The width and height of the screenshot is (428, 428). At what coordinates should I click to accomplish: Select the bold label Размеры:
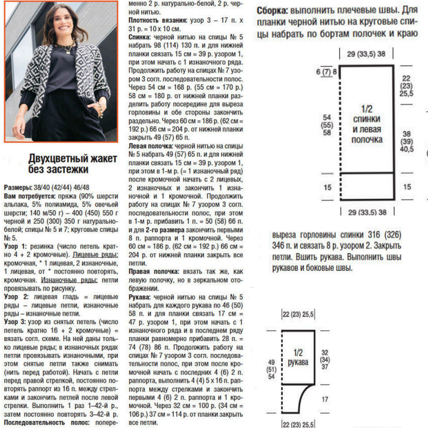(x=17, y=188)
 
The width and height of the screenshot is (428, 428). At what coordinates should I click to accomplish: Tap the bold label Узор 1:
(x=15, y=246)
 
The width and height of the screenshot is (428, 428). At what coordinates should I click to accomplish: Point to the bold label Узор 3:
(x=15, y=322)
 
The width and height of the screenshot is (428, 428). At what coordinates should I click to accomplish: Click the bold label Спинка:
(x=140, y=37)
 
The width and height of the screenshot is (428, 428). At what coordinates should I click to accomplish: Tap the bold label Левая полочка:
(x=150, y=146)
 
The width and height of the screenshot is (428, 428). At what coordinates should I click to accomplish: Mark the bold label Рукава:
(x=139, y=297)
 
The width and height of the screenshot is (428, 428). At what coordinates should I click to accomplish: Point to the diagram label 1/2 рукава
(x=298, y=358)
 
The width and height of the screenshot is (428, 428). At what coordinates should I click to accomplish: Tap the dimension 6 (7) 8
(x=326, y=72)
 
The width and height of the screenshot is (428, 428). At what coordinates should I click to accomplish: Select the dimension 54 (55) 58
(x=327, y=125)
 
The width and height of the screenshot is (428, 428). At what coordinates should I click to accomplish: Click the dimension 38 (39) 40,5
(x=407, y=142)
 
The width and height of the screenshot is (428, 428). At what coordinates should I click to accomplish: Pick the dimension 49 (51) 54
(x=271, y=369)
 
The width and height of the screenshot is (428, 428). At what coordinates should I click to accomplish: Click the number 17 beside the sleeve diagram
(x=325, y=399)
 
